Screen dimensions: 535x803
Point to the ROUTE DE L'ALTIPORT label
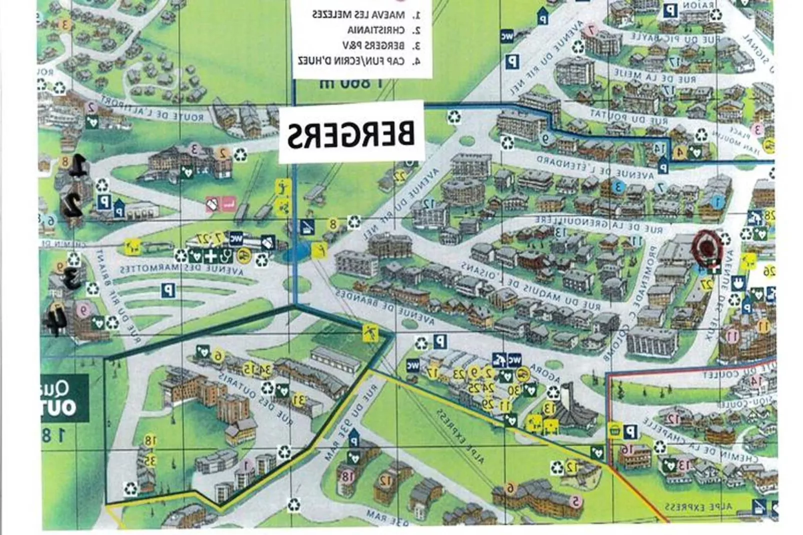click(x=153, y=109)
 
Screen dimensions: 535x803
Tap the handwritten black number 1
click(x=76, y=167)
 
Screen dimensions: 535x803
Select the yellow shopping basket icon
click(x=615, y=429)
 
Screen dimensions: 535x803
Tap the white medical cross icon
click(x=211, y=256)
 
